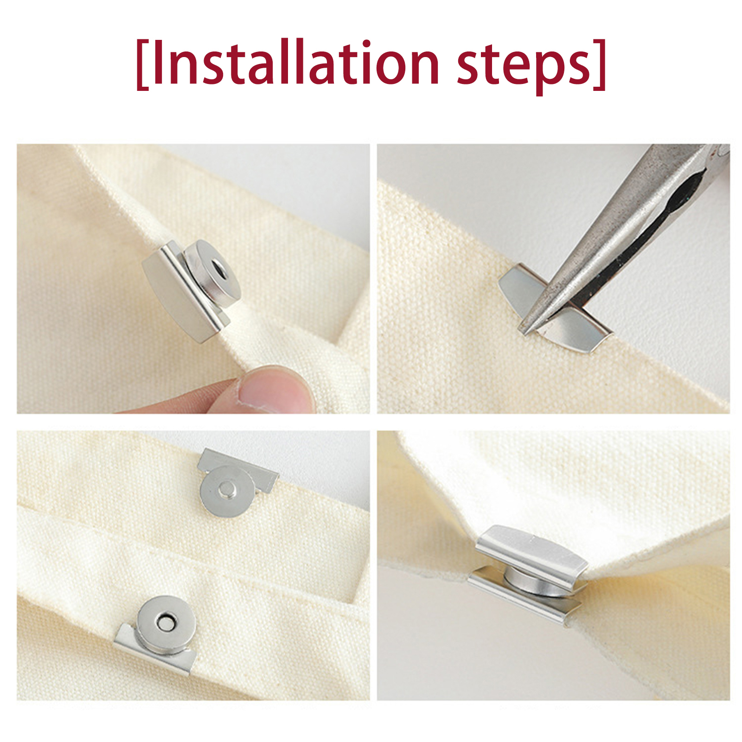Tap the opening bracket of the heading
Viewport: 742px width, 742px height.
(142, 64)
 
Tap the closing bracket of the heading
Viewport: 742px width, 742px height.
(600, 64)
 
